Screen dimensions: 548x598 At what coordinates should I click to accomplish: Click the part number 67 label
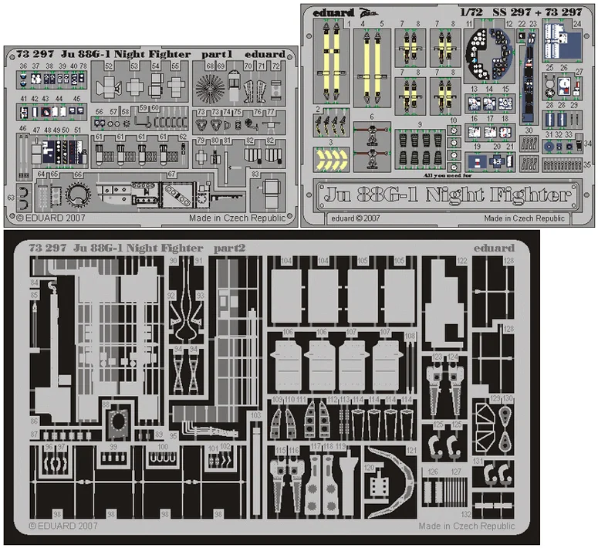click(x=171, y=175)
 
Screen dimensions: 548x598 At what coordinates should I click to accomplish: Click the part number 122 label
click(x=462, y=262)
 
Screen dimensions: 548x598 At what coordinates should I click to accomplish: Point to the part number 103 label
click(x=255, y=415)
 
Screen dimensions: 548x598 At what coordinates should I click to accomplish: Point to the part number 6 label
click(x=371, y=117)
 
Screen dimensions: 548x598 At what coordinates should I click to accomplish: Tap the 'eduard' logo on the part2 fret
click(x=495, y=248)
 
